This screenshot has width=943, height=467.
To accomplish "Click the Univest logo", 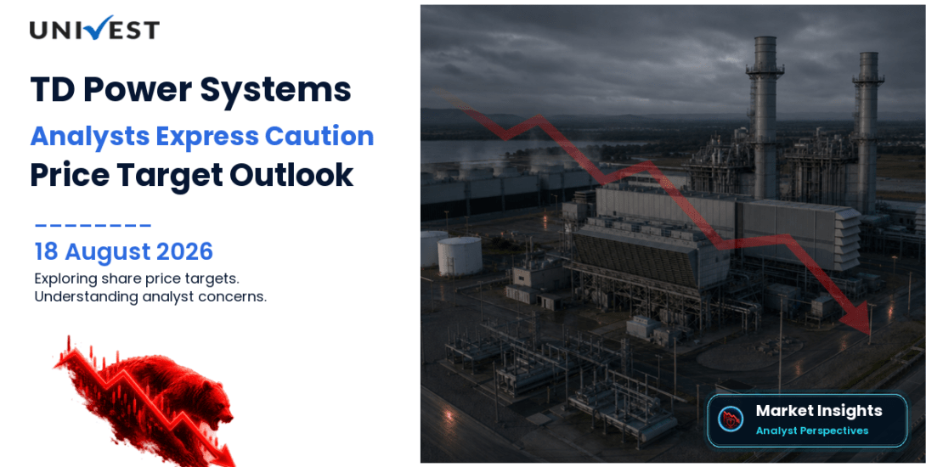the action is point(94,28).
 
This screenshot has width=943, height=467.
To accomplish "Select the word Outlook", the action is point(291,176).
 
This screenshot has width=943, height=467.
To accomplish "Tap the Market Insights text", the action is point(818,411).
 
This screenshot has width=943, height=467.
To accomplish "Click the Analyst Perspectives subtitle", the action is point(812,430).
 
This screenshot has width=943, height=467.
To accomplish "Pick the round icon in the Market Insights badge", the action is point(731,419).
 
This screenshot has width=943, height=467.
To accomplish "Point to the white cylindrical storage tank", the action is point(460,256).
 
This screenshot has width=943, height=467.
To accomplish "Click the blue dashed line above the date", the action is point(93,226).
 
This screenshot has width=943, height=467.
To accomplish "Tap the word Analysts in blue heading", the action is point(89,137).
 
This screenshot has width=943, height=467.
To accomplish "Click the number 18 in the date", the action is point(47,252).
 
